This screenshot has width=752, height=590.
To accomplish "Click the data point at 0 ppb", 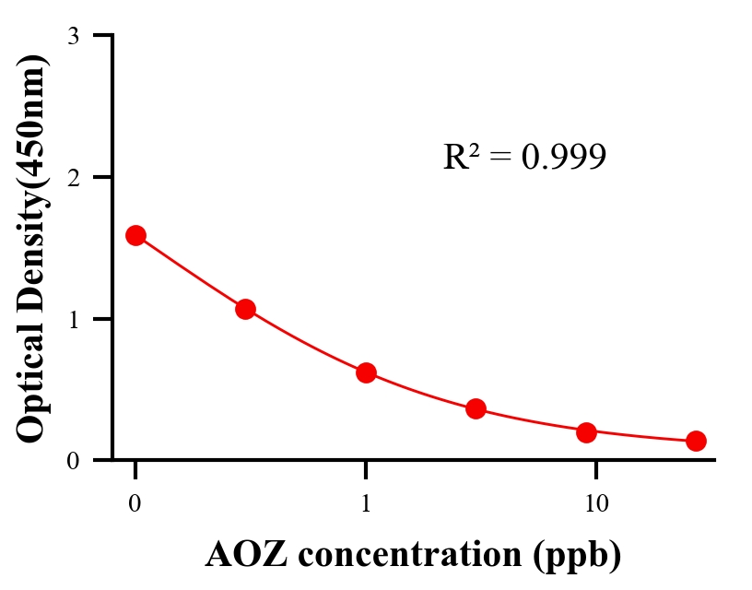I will pyautogui.click(x=135, y=235).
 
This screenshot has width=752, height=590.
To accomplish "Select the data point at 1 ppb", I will pyautogui.click(x=366, y=372).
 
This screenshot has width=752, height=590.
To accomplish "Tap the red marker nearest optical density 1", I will pyautogui.click(x=245, y=309).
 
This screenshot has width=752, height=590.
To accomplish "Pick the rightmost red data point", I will pyautogui.click(x=696, y=441).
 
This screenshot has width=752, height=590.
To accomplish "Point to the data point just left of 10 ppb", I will pyautogui.click(x=586, y=432).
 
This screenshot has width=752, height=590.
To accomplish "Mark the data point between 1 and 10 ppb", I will pyautogui.click(x=476, y=408).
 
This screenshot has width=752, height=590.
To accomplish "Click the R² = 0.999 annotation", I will pyautogui.click(x=524, y=157).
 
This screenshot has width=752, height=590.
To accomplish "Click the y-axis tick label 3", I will pyautogui.click(x=73, y=36).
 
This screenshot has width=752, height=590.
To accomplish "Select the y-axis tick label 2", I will pyautogui.click(x=73, y=177).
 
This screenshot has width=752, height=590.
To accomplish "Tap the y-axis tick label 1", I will pyautogui.click(x=73, y=319).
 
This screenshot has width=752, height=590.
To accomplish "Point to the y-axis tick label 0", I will pyautogui.click(x=73, y=460).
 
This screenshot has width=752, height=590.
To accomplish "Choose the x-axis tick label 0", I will pyautogui.click(x=135, y=504).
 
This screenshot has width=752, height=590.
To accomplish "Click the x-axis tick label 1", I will pyautogui.click(x=366, y=504).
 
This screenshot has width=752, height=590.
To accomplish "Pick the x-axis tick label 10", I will pyautogui.click(x=596, y=504).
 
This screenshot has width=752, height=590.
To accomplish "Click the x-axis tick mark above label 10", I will pyautogui.click(x=596, y=468).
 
